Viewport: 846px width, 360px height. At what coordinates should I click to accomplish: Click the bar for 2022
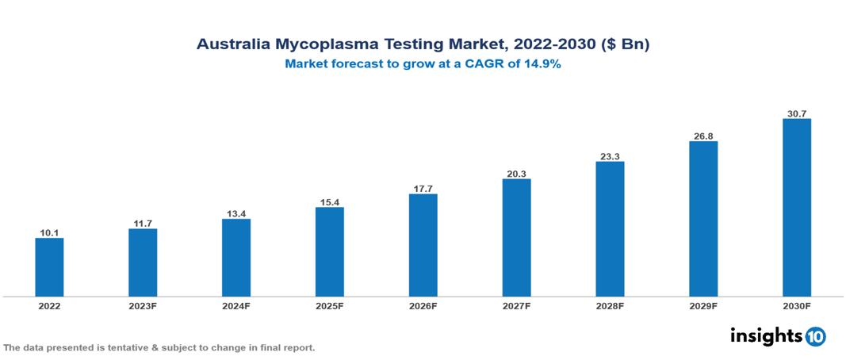[49, 267]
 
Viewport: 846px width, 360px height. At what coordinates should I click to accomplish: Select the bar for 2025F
[329, 251]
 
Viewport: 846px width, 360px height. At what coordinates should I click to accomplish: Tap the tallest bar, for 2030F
[796, 208]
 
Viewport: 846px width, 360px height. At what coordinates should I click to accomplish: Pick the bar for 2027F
[516, 237]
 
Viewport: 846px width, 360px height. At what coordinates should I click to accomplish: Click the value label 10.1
[49, 232]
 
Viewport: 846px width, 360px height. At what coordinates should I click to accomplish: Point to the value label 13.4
[236, 213]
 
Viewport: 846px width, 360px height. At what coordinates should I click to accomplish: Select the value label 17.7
[423, 188]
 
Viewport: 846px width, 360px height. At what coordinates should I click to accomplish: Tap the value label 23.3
[610, 155]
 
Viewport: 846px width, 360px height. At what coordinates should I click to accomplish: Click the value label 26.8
[703, 136]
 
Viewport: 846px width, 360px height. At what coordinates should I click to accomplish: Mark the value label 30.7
[796, 113]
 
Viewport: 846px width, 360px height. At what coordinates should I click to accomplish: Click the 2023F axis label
[143, 306]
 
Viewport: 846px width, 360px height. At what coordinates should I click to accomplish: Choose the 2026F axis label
[423, 306]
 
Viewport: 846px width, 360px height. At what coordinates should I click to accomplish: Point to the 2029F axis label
[703, 306]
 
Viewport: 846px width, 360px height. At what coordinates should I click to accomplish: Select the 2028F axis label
[610, 306]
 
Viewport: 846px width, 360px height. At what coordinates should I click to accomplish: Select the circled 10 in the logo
[816, 337]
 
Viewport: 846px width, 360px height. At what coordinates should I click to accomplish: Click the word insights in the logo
[766, 335]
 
